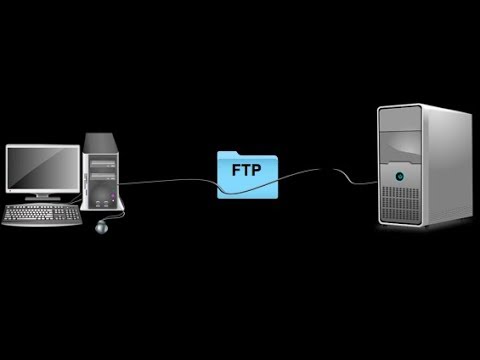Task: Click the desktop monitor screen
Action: tap(41, 169)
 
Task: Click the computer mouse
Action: tap(101, 228)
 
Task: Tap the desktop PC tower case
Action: tap(103, 174)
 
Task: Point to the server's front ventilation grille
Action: tap(398, 211)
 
